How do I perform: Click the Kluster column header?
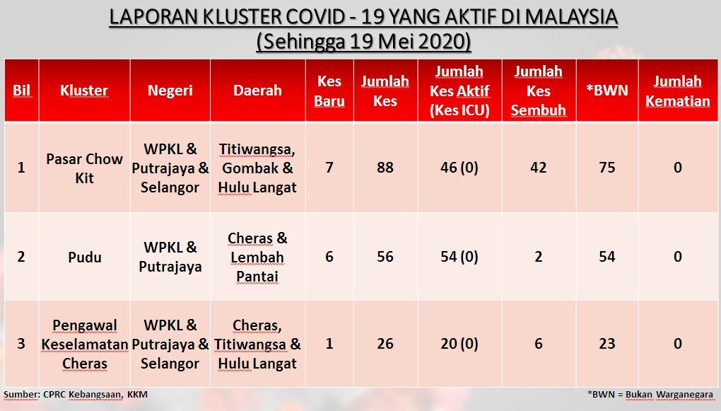click(84, 91)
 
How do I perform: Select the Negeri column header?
click(170, 91)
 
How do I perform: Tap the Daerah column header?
click(257, 91)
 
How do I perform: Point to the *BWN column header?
click(607, 91)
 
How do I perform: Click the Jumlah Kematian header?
click(678, 91)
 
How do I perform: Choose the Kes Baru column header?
click(329, 91)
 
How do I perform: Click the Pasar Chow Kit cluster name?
click(85, 168)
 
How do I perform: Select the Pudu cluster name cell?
click(85, 257)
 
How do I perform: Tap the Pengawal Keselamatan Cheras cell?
click(85, 345)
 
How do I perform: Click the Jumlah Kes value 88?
click(385, 168)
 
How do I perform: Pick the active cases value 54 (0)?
click(459, 257)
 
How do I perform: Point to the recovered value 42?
click(539, 168)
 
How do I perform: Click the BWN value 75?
click(607, 168)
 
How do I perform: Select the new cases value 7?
click(329, 168)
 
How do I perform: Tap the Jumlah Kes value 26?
click(385, 344)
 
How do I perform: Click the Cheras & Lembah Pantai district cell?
click(257, 257)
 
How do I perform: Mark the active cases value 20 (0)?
click(459, 344)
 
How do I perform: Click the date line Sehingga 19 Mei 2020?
click(364, 42)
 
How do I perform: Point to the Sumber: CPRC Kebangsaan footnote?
click(76, 395)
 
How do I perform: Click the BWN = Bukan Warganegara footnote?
click(650, 395)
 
